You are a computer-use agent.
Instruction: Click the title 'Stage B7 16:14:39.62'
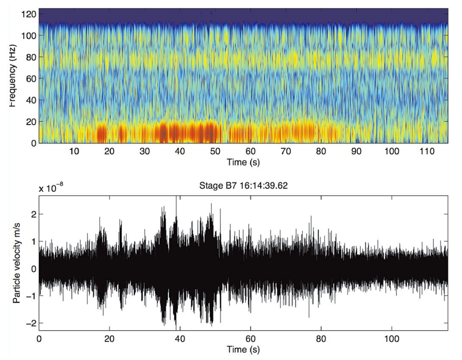pyautogui.click(x=243, y=186)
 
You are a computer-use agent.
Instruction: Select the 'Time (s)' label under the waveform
pyautogui.click(x=243, y=350)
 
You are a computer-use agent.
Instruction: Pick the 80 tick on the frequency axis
pyautogui.click(x=30, y=57)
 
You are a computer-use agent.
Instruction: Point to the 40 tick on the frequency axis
pyautogui.click(x=30, y=100)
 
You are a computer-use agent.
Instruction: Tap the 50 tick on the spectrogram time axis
pyautogui.click(x=215, y=151)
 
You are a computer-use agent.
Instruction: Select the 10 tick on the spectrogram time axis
pyautogui.click(x=74, y=151)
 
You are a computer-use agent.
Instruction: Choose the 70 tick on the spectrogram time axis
pyautogui.click(x=286, y=151)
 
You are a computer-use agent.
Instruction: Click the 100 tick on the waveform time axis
pyautogui.click(x=392, y=339)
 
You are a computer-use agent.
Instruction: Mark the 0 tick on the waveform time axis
pyautogui.click(x=39, y=339)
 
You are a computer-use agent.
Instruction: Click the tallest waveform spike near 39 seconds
pyautogui.click(x=176, y=199)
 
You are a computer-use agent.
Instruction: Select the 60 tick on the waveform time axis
pyautogui.click(x=250, y=339)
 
